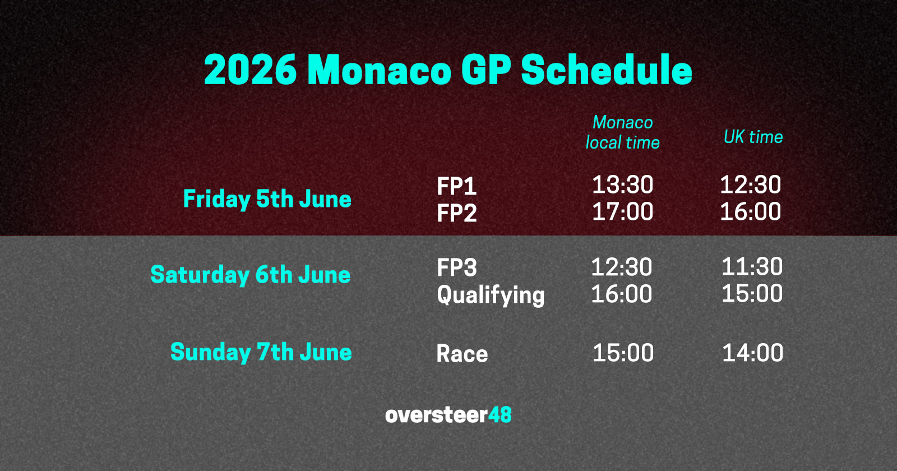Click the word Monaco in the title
click(x=379, y=71)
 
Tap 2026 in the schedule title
click(x=250, y=71)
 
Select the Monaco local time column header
click(x=622, y=132)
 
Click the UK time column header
click(x=753, y=137)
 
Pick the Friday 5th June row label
click(x=267, y=199)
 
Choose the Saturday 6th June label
click(x=250, y=275)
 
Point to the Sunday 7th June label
click(x=261, y=352)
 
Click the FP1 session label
click(x=456, y=186)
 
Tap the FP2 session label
click(x=456, y=213)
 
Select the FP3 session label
click(x=456, y=267)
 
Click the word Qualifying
click(x=491, y=295)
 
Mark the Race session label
click(x=462, y=354)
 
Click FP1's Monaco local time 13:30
click(x=622, y=185)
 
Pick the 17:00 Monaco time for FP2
click(x=622, y=212)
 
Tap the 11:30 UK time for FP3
click(x=752, y=266)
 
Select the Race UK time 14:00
click(x=752, y=353)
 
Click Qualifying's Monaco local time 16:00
click(x=621, y=294)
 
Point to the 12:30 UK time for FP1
click(x=750, y=185)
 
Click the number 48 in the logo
click(x=500, y=415)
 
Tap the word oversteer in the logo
click(x=436, y=415)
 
